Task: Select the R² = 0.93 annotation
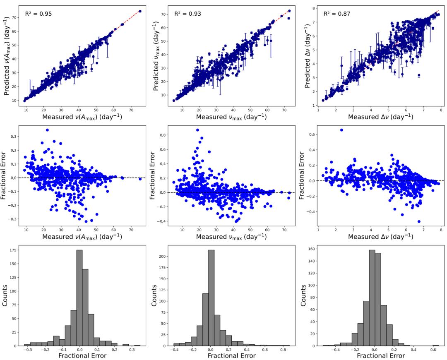click(x=187, y=14)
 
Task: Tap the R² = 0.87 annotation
click(x=337, y=14)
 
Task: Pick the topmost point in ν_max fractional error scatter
click(x=197, y=130)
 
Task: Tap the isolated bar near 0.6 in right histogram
click(x=436, y=345)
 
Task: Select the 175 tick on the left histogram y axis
click(x=16, y=250)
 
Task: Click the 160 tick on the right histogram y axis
click(x=310, y=249)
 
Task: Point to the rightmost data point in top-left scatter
click(x=140, y=12)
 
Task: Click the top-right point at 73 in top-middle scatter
click(x=289, y=11)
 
